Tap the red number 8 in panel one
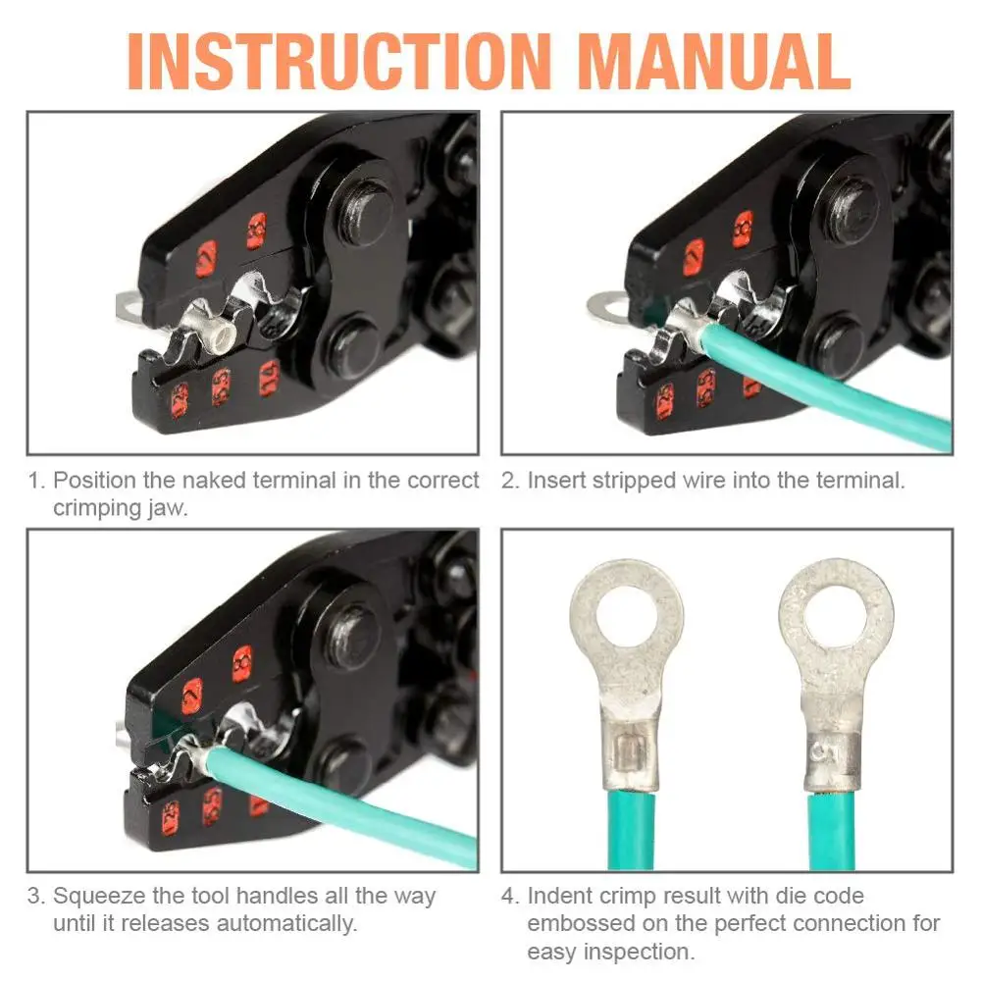[257, 231]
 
